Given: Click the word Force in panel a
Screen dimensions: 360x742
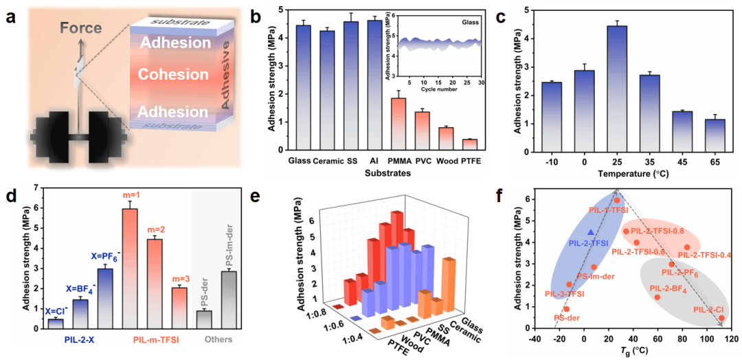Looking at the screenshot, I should (80, 28).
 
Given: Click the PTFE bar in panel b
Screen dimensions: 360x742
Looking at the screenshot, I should (470, 144).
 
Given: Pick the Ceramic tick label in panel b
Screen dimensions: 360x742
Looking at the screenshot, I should (328, 161).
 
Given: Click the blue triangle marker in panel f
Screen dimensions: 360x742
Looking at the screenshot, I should (591, 232).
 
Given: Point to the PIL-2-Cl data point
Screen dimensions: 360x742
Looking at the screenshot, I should (721, 318).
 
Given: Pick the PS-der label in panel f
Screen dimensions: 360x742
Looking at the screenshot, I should (567, 318).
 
